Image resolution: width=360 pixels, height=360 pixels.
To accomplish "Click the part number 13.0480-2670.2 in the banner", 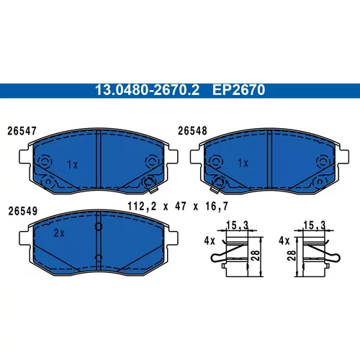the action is pos(147,90).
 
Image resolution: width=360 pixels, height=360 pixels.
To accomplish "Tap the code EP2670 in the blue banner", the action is pos(238,90).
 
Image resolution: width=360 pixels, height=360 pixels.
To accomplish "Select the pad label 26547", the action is pos(22,131).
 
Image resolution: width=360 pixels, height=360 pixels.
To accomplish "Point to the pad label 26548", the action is pos(192,131).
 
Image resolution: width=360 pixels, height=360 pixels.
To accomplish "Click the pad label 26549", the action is pos(23,211).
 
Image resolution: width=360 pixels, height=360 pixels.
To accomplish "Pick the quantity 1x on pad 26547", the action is pos(73,165).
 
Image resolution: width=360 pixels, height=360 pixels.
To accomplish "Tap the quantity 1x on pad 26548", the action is pos(243,163).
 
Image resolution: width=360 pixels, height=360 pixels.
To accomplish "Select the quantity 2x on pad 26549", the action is pos(59,233).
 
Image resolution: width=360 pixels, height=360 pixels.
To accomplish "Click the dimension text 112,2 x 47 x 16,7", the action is pos(178,206).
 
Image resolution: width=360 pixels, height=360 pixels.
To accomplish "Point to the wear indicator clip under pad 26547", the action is pos(153,189).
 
